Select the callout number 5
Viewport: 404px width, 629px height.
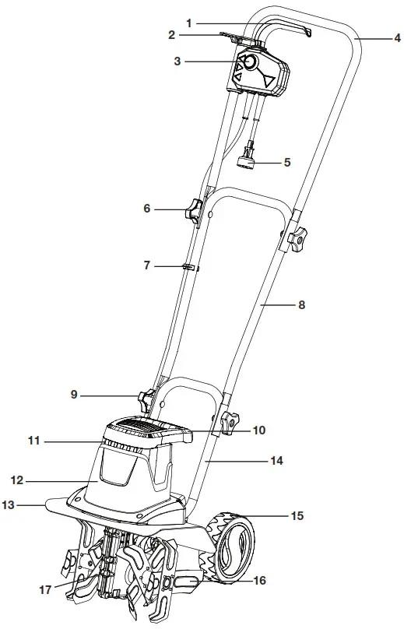point(286,163)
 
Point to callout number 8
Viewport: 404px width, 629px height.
point(303,306)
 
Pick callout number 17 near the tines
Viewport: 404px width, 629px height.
point(45,589)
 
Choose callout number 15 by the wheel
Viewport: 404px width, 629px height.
point(297,515)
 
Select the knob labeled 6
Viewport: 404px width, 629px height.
point(192,209)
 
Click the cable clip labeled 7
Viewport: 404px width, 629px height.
point(188,266)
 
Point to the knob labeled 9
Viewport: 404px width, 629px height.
point(146,401)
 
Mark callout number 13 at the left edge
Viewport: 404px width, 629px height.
point(9,505)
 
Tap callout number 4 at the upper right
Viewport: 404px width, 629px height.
point(397,37)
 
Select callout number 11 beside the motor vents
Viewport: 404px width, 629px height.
point(33,441)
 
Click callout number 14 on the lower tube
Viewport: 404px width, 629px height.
point(277,461)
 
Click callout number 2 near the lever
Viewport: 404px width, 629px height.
point(172,35)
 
